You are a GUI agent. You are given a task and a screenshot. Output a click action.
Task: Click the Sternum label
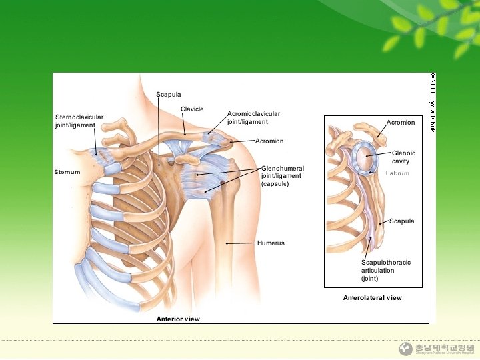67,172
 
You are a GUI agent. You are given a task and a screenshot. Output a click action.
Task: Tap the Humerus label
271,243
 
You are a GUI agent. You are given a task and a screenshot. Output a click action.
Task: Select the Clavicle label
192,109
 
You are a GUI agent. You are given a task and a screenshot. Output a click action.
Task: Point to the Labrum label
398,173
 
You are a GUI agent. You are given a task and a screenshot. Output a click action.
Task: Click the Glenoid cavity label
403,157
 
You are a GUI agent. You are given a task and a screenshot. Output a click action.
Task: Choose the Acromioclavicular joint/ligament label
253,118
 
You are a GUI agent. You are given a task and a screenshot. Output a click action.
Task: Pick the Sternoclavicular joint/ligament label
79,121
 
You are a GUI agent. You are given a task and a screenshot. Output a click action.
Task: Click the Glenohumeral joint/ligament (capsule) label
283,176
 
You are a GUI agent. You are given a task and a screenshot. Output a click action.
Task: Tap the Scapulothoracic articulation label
386,270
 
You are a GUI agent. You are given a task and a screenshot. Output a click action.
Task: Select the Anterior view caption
178,319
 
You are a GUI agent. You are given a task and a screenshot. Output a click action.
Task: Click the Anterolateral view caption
372,297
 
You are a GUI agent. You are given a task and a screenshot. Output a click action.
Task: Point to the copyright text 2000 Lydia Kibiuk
432,102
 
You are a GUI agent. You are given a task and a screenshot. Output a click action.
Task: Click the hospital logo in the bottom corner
405,349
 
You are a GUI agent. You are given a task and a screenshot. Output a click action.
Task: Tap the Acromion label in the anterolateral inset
401,122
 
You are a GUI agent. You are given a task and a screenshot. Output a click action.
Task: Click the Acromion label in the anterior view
269,141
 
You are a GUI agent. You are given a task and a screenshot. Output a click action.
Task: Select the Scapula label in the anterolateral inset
402,221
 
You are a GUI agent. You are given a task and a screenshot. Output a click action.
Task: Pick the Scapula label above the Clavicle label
169,95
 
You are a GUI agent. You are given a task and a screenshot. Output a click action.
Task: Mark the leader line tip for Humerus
227,243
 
